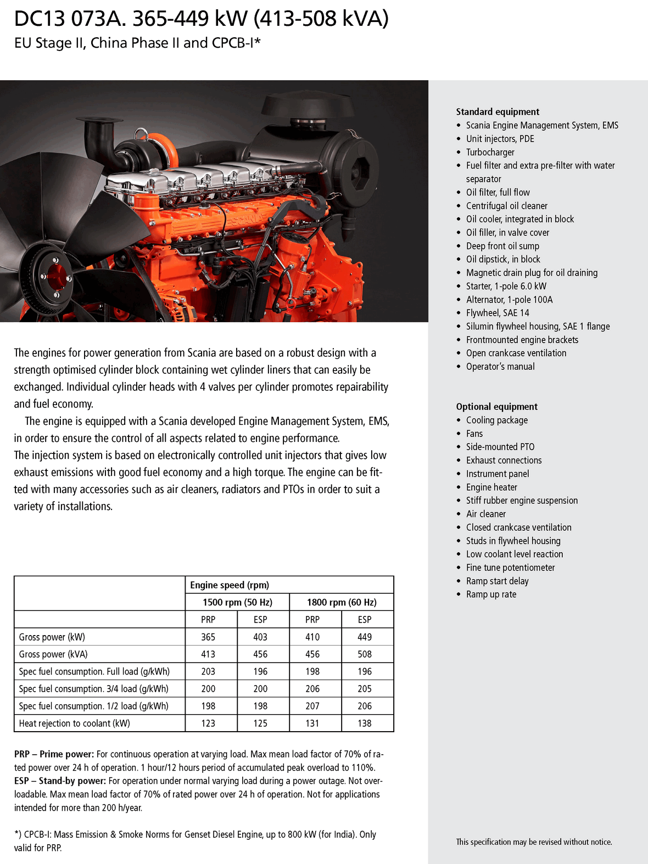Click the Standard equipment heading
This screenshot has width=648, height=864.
pyautogui.click(x=498, y=112)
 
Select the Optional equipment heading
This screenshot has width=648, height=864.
pyautogui.click(x=496, y=407)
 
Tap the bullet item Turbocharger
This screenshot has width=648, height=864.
pyautogui.click(x=490, y=153)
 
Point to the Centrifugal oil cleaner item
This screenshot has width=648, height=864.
pyautogui.click(x=506, y=206)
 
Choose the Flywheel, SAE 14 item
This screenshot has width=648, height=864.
pyautogui.click(x=498, y=313)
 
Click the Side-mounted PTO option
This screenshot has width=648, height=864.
pyautogui.click(x=500, y=447)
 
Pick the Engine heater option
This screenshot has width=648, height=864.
pyautogui.click(x=491, y=487)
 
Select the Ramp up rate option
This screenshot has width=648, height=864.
pyautogui.click(x=491, y=594)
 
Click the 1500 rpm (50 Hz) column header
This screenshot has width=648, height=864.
pyautogui.click(x=237, y=602)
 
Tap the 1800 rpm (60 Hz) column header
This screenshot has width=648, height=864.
pyautogui.click(x=342, y=602)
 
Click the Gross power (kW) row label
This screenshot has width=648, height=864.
pyautogui.click(x=52, y=637)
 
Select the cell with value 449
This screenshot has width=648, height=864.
pyautogui.click(x=365, y=637)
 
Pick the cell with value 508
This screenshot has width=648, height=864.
pyautogui.click(x=365, y=654)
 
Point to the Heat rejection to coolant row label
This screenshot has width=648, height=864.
pyautogui.click(x=75, y=723)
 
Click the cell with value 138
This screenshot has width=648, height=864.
pyautogui.click(x=365, y=723)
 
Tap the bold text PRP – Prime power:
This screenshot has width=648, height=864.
pyautogui.click(x=54, y=754)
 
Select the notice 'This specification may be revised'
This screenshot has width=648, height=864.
pyautogui.click(x=534, y=842)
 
